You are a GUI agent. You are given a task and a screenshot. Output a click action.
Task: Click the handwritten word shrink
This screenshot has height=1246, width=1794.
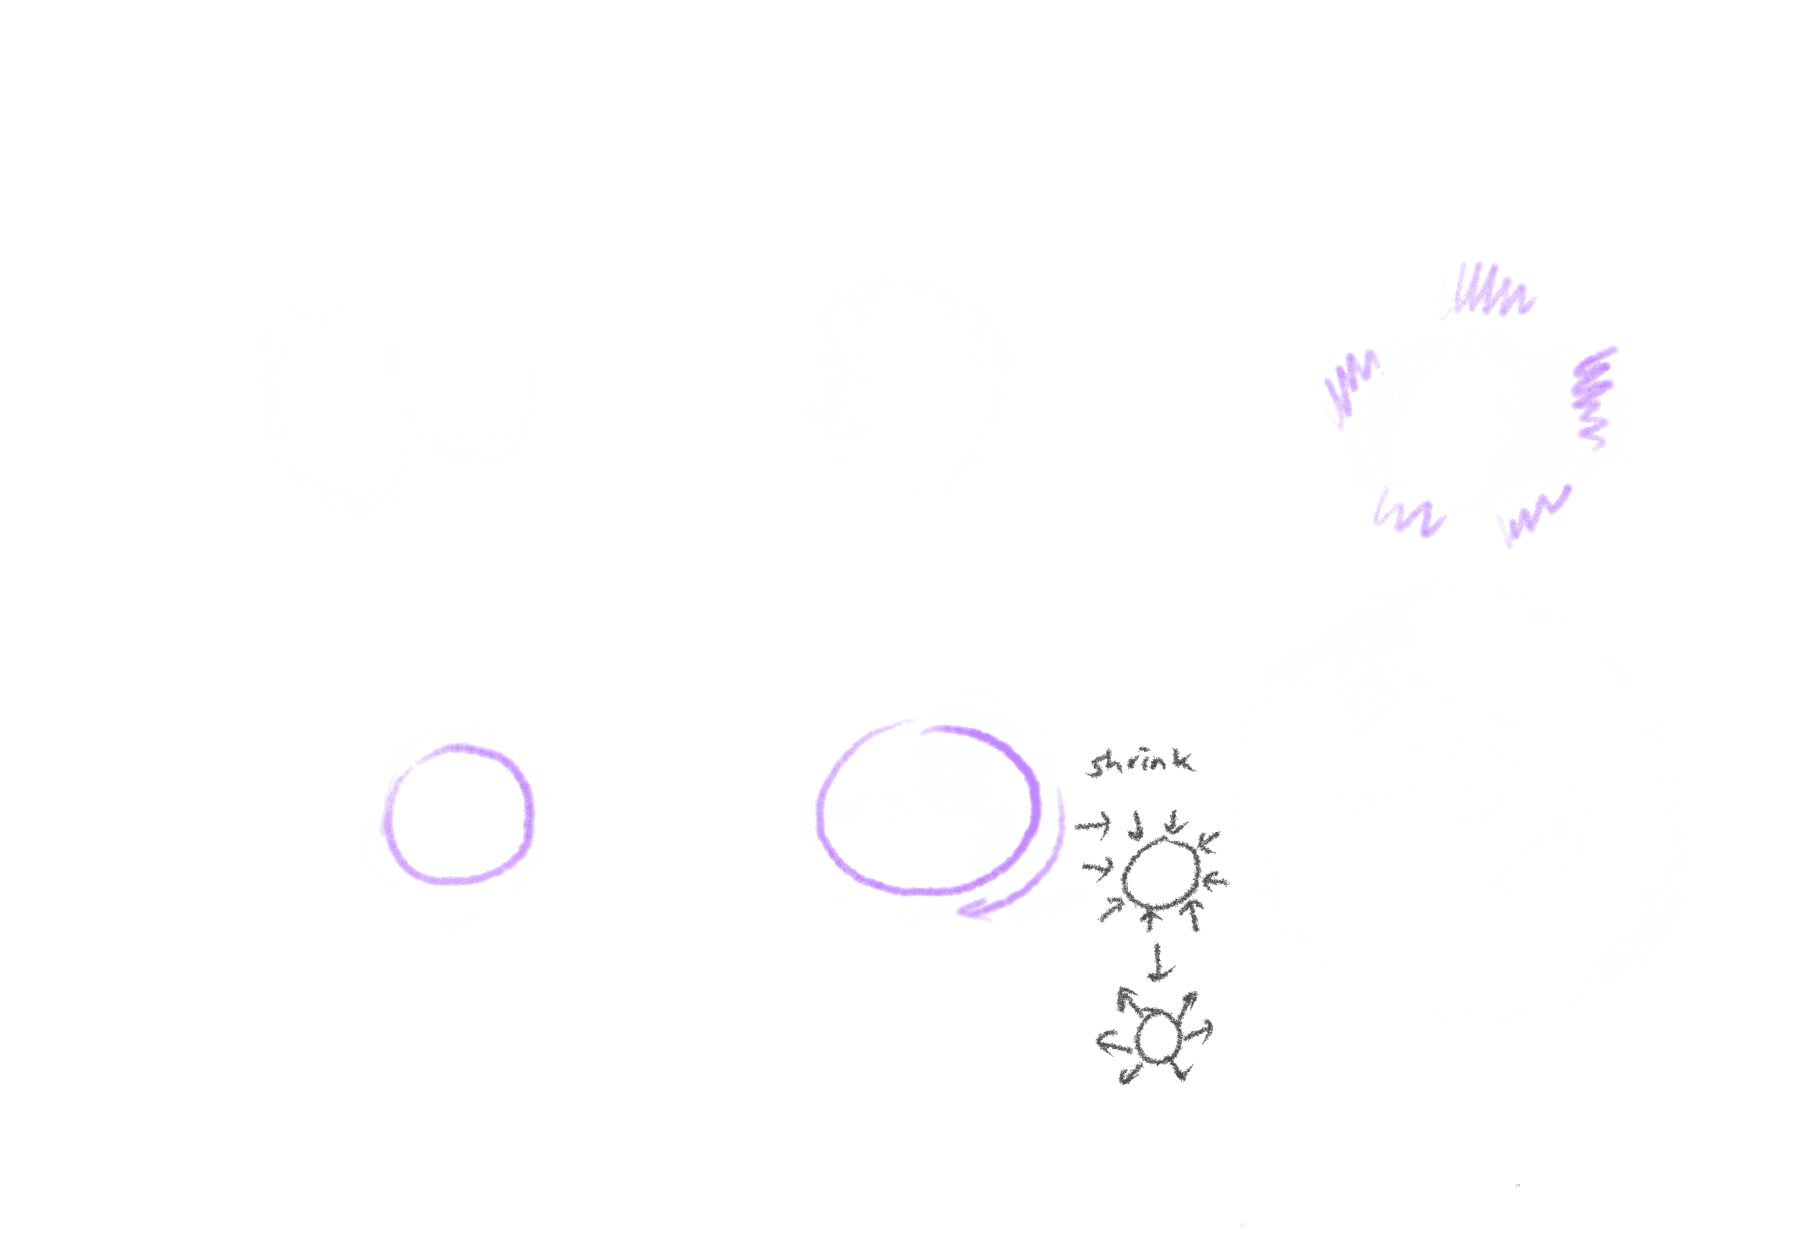pos(1140,763)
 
